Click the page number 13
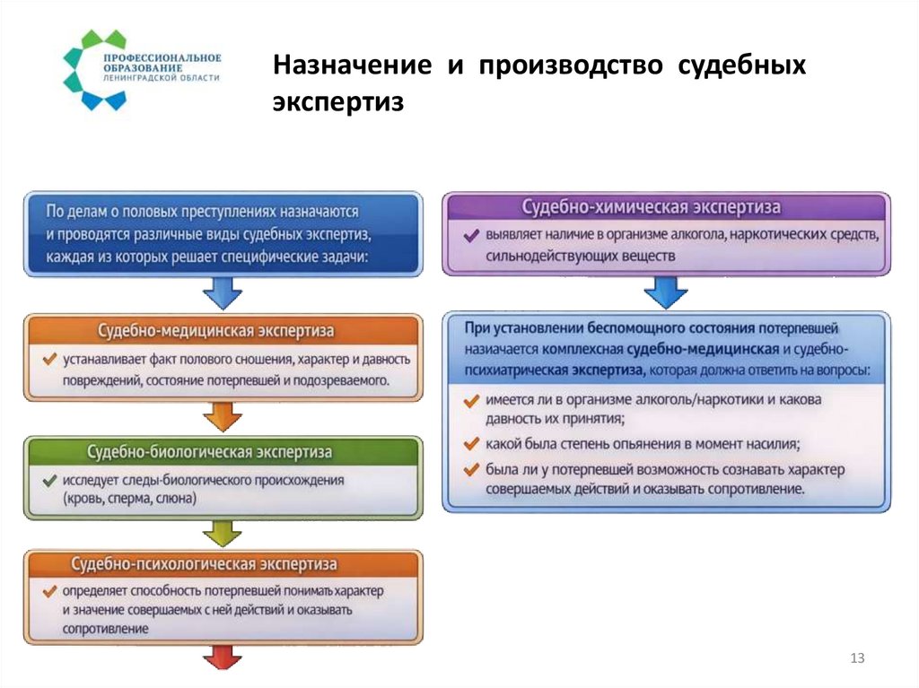pos(857,660)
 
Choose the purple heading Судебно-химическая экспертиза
pos(665,207)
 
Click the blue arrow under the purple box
pos(665,292)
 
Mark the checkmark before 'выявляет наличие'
pos(470,236)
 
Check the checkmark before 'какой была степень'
pos(470,443)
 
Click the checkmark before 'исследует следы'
pos(49,481)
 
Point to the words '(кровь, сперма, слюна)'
pos(128,499)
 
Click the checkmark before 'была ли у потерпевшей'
pos(470,469)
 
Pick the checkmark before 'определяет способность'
pos(49,592)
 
